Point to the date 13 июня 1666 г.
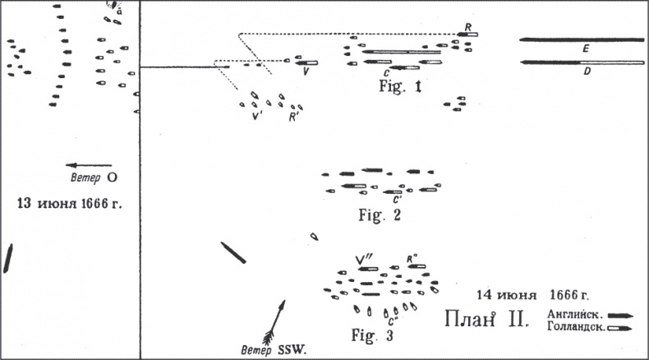click(x=69, y=201)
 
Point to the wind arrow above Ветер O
click(x=88, y=165)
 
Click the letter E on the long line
click(x=584, y=49)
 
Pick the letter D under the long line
click(x=584, y=72)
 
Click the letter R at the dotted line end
click(x=467, y=26)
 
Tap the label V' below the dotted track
click(x=257, y=116)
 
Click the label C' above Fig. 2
click(x=397, y=199)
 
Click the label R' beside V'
click(x=292, y=116)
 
